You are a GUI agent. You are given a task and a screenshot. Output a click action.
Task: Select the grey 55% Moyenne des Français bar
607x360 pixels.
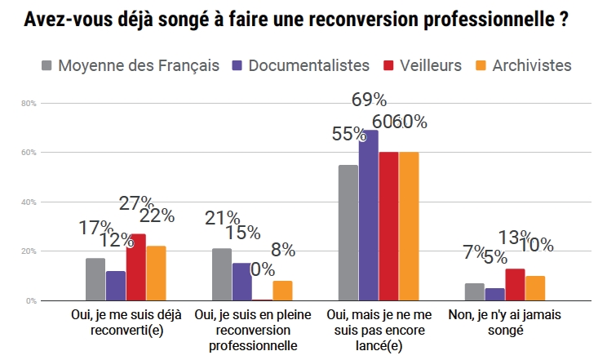pos(348,233)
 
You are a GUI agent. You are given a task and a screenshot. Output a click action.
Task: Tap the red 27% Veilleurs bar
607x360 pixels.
pos(136,267)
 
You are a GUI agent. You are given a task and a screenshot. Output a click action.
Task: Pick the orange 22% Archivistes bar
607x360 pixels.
pos(157,273)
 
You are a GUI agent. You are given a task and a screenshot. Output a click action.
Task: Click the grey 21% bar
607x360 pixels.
pos(222,274)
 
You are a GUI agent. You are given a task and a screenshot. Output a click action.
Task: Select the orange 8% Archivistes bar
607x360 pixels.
pos(282,291)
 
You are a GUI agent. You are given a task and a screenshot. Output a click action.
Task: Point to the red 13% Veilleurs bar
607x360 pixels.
pos(516,284)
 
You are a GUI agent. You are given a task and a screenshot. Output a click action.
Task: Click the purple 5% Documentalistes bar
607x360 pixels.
pos(495,294)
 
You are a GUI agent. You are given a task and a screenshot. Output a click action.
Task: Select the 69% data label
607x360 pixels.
pos(369,100)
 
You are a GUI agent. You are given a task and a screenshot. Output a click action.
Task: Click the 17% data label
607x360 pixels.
pos(95,228)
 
